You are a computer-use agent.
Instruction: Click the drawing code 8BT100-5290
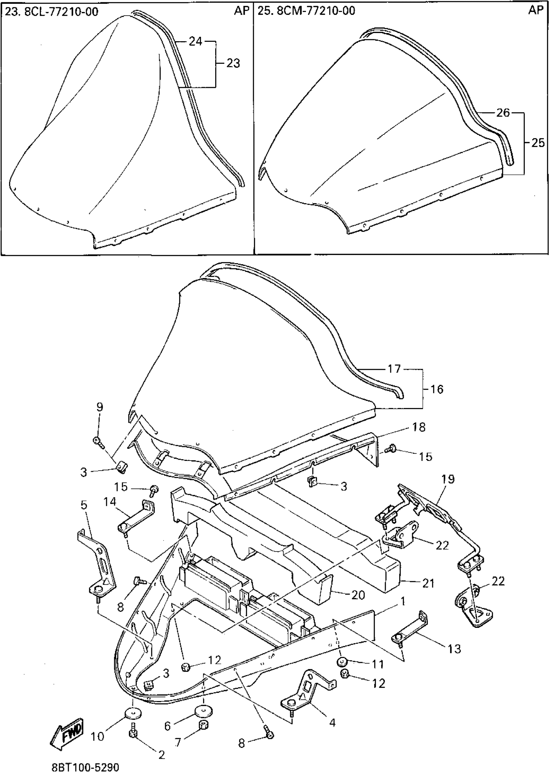[85, 768]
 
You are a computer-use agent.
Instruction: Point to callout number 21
[428, 583]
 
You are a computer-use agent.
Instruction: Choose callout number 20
[358, 595]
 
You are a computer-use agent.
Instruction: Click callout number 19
[448, 479]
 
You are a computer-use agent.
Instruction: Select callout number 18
[419, 427]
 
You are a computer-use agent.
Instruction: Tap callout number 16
[437, 389]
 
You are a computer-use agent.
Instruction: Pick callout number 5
[84, 505]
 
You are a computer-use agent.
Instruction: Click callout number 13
[454, 649]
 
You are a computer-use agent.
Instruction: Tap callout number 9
[100, 407]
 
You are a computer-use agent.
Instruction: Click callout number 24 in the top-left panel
[195, 41]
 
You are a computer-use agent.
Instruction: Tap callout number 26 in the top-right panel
[503, 112]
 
